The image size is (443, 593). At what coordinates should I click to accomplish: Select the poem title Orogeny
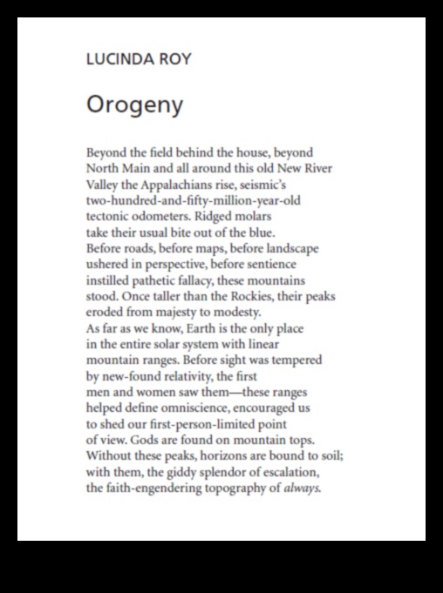tap(134, 105)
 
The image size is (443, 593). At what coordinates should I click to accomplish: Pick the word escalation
tap(290, 472)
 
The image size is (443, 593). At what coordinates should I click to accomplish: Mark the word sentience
tap(270, 264)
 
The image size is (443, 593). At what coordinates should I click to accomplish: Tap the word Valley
tap(103, 185)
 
